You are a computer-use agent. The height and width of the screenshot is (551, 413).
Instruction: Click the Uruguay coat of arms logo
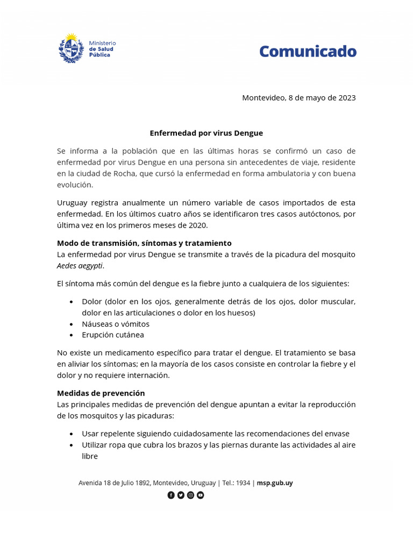71,48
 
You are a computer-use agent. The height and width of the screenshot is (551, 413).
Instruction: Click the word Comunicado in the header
308,52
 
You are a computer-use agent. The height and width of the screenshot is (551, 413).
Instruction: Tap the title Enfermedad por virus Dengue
206,133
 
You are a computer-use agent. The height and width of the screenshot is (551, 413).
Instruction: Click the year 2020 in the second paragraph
197,225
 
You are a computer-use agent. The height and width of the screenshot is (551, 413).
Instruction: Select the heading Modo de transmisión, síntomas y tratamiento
144,243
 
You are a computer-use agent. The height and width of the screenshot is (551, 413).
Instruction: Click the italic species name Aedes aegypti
80,266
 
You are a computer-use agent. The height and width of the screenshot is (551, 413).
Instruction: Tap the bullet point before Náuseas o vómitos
72,324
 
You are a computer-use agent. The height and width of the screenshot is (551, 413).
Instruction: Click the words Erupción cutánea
113,335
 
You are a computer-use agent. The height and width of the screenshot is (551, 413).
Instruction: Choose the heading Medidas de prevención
101,393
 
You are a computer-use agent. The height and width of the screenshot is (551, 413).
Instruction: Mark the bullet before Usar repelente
72,434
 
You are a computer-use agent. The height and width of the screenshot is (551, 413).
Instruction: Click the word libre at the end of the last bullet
90,456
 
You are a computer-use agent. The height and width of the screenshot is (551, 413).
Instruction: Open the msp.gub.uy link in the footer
275,483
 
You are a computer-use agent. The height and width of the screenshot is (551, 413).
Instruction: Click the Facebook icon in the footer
171,495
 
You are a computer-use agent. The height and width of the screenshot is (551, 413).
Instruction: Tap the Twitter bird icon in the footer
181,495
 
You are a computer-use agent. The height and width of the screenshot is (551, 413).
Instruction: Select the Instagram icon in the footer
190,495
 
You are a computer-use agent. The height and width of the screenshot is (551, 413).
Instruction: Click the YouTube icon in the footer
201,495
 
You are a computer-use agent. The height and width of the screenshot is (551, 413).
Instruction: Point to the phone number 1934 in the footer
243,483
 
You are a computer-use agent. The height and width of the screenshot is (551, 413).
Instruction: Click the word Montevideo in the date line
264,98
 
